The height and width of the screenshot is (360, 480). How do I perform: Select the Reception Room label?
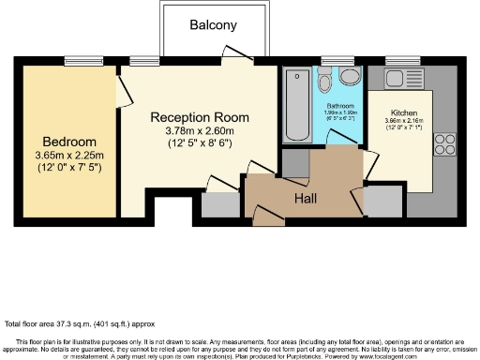tap(199, 117)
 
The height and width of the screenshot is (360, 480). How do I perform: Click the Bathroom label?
tap(341, 106)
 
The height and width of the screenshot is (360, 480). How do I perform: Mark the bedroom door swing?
tap(123, 92)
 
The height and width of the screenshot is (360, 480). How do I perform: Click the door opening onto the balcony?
tap(234, 53)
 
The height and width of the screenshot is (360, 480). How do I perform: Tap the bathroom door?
tap(335, 138)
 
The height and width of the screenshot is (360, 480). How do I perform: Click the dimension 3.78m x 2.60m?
tap(199, 130)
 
